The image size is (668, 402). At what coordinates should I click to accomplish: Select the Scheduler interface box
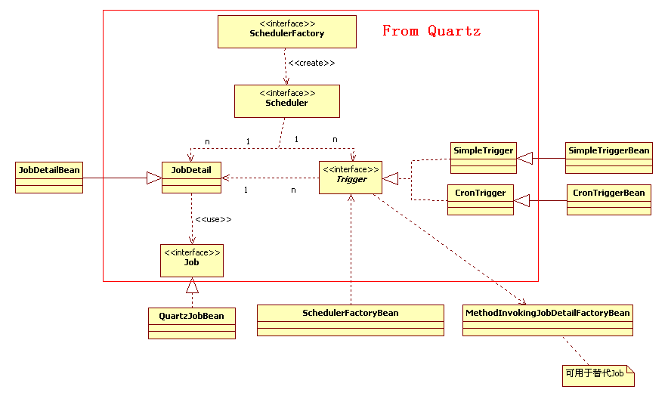(x=286, y=100)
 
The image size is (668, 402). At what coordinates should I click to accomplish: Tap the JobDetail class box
(x=191, y=177)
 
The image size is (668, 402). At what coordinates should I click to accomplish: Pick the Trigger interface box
(x=351, y=178)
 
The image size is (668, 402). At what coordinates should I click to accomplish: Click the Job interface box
(x=191, y=260)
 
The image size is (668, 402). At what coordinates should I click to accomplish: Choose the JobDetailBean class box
(x=49, y=177)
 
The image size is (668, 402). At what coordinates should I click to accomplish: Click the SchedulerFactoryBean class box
(x=350, y=320)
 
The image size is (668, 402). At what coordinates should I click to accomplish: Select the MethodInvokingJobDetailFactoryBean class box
(x=547, y=320)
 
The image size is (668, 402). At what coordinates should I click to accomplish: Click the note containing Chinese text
(x=597, y=373)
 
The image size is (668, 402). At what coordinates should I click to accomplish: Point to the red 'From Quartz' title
(x=431, y=31)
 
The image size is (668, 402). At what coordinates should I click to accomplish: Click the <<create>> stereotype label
(x=311, y=63)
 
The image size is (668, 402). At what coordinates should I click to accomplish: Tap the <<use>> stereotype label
(x=213, y=220)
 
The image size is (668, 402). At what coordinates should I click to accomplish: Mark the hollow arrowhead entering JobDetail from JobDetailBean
(x=154, y=178)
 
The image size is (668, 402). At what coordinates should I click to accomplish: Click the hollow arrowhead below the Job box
(x=192, y=285)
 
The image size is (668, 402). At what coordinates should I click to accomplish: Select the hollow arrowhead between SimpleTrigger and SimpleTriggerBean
(x=525, y=157)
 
